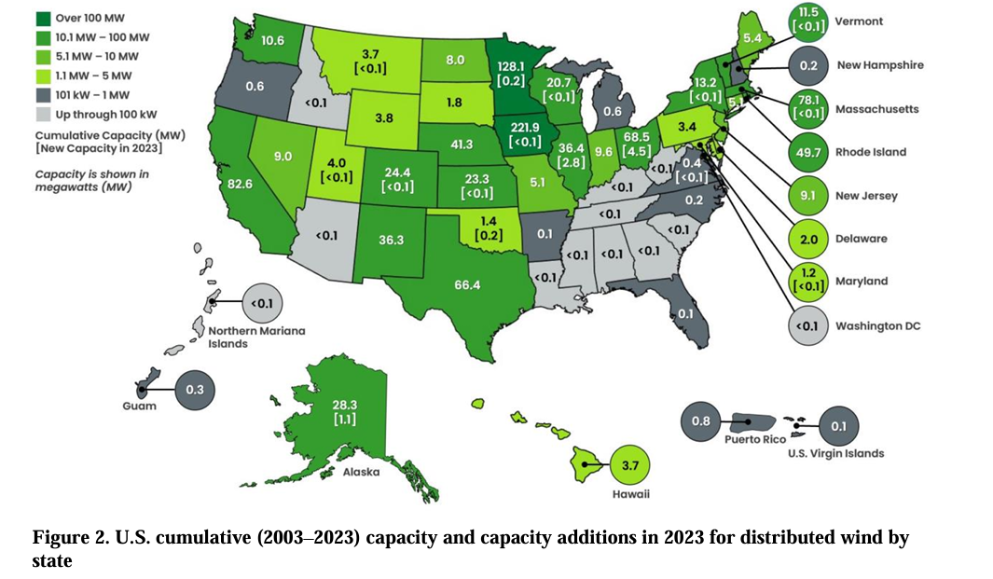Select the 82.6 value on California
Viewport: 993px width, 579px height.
[x=241, y=186]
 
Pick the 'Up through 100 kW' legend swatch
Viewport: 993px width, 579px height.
[x=18, y=115]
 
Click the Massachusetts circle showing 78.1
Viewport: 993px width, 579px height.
[x=808, y=109]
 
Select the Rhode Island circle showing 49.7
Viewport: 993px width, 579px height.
[x=808, y=152]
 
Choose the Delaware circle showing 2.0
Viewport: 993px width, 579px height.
[x=808, y=239]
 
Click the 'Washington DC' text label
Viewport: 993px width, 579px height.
[x=882, y=325]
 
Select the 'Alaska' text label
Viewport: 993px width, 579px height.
[x=360, y=472]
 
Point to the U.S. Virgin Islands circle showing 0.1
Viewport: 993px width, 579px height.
[x=838, y=425]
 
